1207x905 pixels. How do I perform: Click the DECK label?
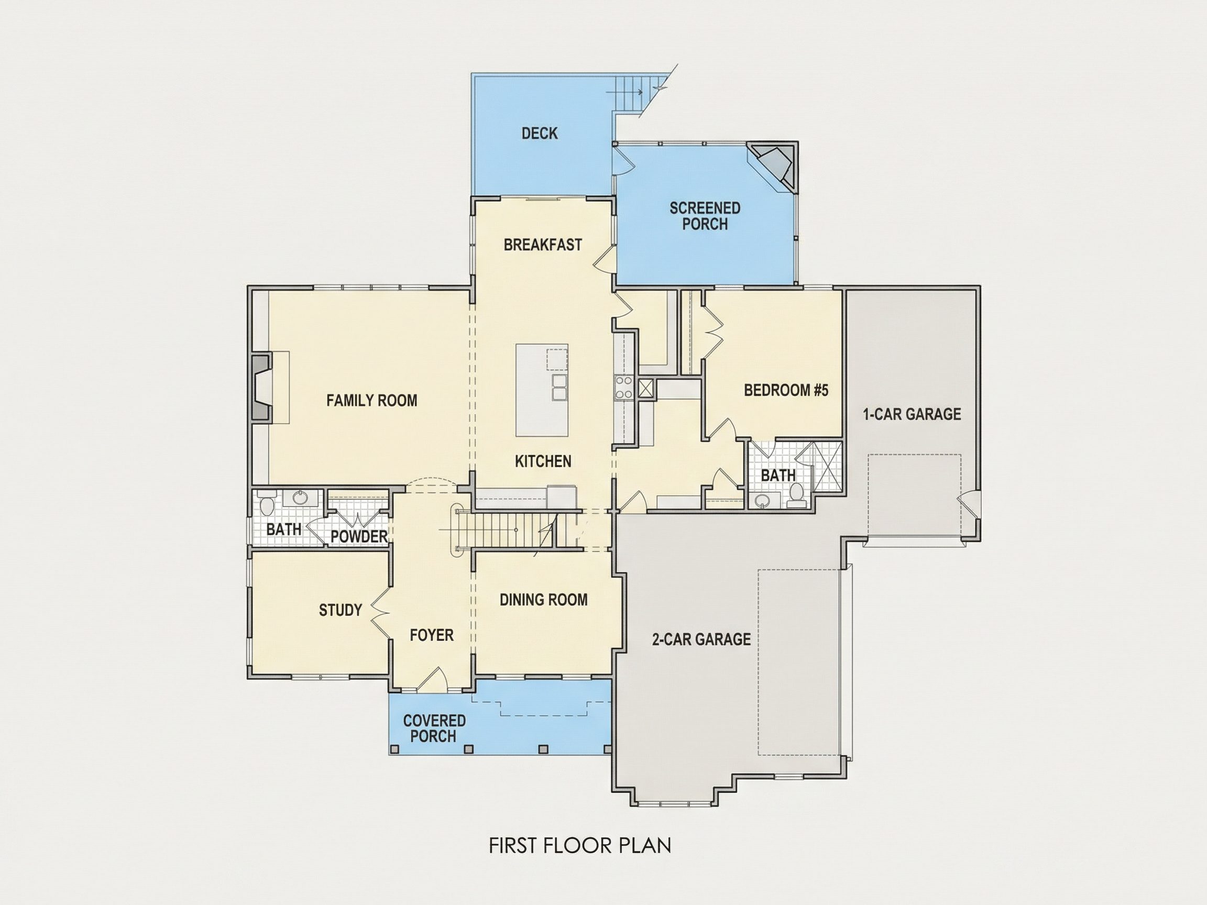[540, 133]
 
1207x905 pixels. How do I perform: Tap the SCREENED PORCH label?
[705, 216]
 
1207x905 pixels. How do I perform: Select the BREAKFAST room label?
[543, 245]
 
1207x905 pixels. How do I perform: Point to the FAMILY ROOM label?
[371, 401]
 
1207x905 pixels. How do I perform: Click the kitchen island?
[542, 390]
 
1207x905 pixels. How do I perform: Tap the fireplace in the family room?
[261, 388]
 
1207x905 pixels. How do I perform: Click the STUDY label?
[341, 610]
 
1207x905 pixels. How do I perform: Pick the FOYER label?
[432, 635]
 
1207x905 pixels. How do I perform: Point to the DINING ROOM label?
[543, 600]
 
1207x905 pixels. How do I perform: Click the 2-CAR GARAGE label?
[701, 639]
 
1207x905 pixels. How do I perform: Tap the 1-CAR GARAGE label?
[912, 414]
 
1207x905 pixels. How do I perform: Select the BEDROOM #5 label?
[786, 390]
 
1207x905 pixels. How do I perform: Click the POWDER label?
[359, 536]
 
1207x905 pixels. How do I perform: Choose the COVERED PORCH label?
[434, 729]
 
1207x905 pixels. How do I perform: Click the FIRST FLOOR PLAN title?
[580, 845]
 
